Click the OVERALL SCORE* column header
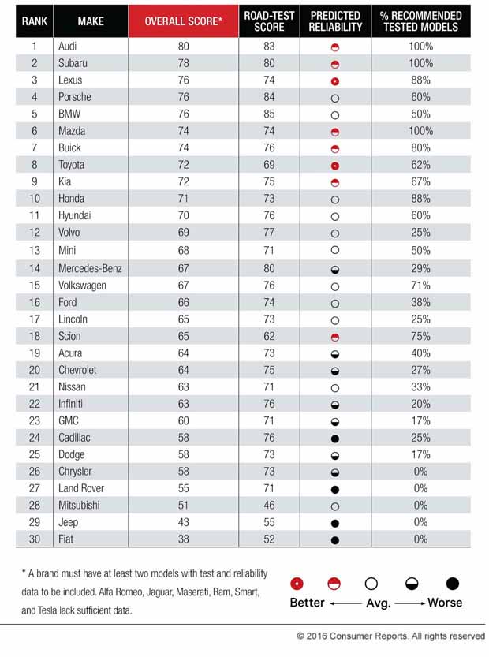coord(183,21)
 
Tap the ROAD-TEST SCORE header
coord(268,21)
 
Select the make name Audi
coord(68,47)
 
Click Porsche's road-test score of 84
coord(268,97)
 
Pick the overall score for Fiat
coord(183,539)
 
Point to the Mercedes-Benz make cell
coord(90,268)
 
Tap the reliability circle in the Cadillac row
coord(335,438)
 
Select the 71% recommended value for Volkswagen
coord(420,286)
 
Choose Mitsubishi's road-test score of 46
coord(268,505)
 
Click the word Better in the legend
coord(306,603)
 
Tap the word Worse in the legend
coord(445,603)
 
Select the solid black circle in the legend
coord(452,584)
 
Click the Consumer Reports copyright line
coord(390,636)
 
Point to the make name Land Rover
coord(80,488)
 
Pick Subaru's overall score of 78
coord(183,63)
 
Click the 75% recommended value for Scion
coord(420,336)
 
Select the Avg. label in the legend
coord(375,603)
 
